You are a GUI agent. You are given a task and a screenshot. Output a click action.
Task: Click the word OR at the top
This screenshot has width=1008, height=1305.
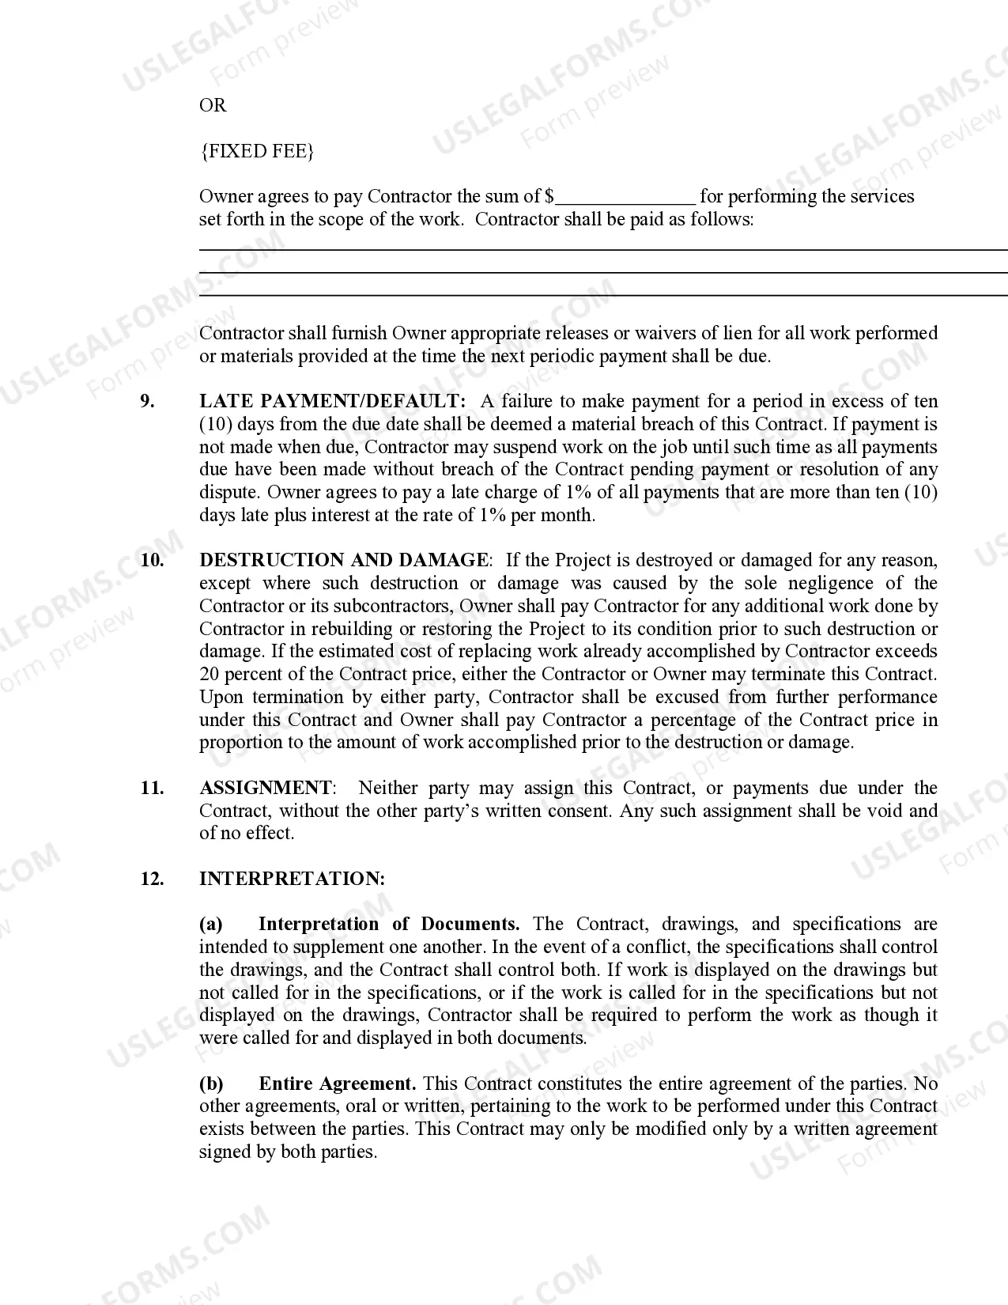pyautogui.click(x=213, y=106)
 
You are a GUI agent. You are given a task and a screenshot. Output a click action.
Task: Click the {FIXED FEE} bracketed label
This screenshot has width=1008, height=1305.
pyautogui.click(x=257, y=151)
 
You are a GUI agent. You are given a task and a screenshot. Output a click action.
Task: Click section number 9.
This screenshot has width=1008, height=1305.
pyautogui.click(x=148, y=402)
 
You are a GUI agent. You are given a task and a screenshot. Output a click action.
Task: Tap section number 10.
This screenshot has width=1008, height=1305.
pyautogui.click(x=152, y=561)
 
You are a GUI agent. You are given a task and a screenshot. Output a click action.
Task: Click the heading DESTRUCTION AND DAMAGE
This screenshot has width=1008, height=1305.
pyautogui.click(x=344, y=561)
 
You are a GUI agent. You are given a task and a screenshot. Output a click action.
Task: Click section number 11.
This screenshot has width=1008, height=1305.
pyautogui.click(x=152, y=789)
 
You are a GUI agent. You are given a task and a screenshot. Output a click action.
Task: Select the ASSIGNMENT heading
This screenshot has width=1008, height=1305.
pyautogui.click(x=266, y=789)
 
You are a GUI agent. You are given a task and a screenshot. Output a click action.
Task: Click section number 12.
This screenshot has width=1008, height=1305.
pyautogui.click(x=152, y=879)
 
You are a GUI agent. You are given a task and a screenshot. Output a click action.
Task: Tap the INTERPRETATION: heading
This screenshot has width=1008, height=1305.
pyautogui.click(x=292, y=879)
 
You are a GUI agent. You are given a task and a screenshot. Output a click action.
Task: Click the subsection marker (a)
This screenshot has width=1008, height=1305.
pyautogui.click(x=210, y=925)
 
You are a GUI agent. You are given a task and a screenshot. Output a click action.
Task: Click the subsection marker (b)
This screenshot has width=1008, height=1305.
pyautogui.click(x=211, y=1084)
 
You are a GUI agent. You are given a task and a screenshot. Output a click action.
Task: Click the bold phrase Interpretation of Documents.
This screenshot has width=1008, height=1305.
pyautogui.click(x=388, y=925)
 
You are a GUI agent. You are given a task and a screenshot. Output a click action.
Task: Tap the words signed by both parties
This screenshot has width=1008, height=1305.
pyautogui.click(x=287, y=1152)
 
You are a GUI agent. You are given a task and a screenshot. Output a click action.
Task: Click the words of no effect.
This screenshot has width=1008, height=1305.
pyautogui.click(x=246, y=834)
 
